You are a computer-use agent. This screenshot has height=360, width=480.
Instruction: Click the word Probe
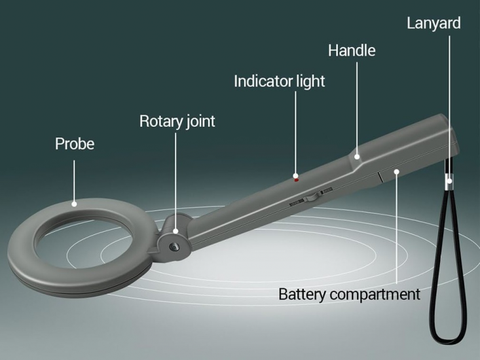[74, 143]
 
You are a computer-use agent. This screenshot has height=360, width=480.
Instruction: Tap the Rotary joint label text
[177, 121]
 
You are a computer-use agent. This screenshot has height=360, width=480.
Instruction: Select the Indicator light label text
[279, 81]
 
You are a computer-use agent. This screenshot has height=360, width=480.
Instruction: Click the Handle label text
[352, 50]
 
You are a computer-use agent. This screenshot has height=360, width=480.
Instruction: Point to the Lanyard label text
[434, 23]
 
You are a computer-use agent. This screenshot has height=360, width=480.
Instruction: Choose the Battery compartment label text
[349, 294]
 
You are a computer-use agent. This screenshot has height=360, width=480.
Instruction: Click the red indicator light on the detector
[296, 178]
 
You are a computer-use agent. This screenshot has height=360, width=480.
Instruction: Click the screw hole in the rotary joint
[175, 245]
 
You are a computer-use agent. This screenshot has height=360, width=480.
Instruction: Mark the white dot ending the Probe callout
[74, 204]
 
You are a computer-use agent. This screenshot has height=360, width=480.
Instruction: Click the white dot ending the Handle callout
[357, 156]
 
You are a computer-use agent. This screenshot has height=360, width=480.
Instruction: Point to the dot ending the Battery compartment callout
[397, 171]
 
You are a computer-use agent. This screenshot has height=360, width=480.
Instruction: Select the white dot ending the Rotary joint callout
[176, 230]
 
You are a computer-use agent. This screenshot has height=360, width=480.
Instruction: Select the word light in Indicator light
[310, 81]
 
